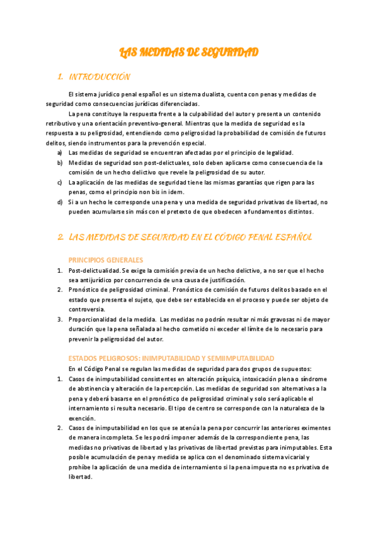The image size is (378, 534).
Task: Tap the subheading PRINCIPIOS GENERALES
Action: [106, 260]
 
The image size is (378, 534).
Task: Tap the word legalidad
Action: [277, 152]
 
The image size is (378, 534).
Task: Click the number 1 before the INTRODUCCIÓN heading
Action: [59, 77]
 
